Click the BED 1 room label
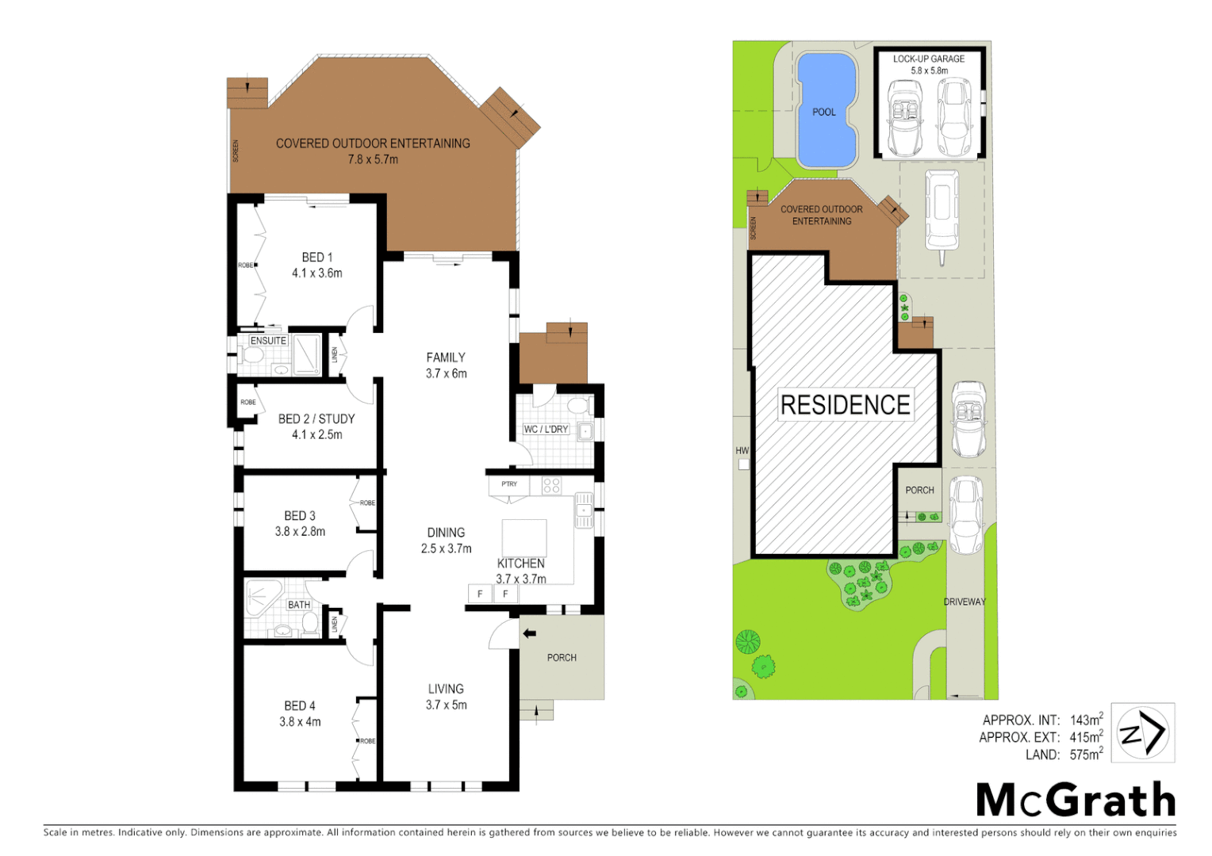pyautogui.click(x=317, y=258)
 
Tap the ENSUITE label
pyautogui.click(x=268, y=341)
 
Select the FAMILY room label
pyautogui.click(x=446, y=357)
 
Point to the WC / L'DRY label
pyautogui.click(x=546, y=430)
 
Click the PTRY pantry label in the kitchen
pyautogui.click(x=509, y=483)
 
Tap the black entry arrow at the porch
pyautogui.click(x=530, y=633)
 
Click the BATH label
pyautogui.click(x=299, y=605)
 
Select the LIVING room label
pyautogui.click(x=446, y=689)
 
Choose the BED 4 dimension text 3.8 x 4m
pyautogui.click(x=300, y=722)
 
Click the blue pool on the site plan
pyautogui.click(x=826, y=109)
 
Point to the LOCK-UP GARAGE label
pyautogui.click(x=929, y=59)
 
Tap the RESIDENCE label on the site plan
pyautogui.click(x=846, y=405)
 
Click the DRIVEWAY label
pyautogui.click(x=965, y=602)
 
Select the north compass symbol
pyautogui.click(x=1142, y=732)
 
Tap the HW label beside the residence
pyautogui.click(x=742, y=450)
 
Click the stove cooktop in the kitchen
pyautogui.click(x=551, y=485)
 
